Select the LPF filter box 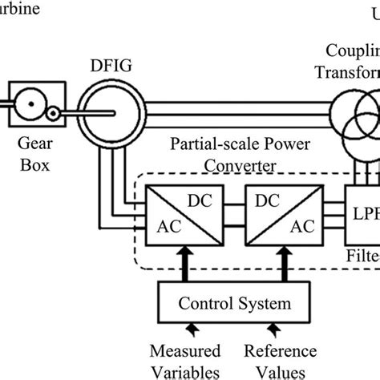click(362, 212)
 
